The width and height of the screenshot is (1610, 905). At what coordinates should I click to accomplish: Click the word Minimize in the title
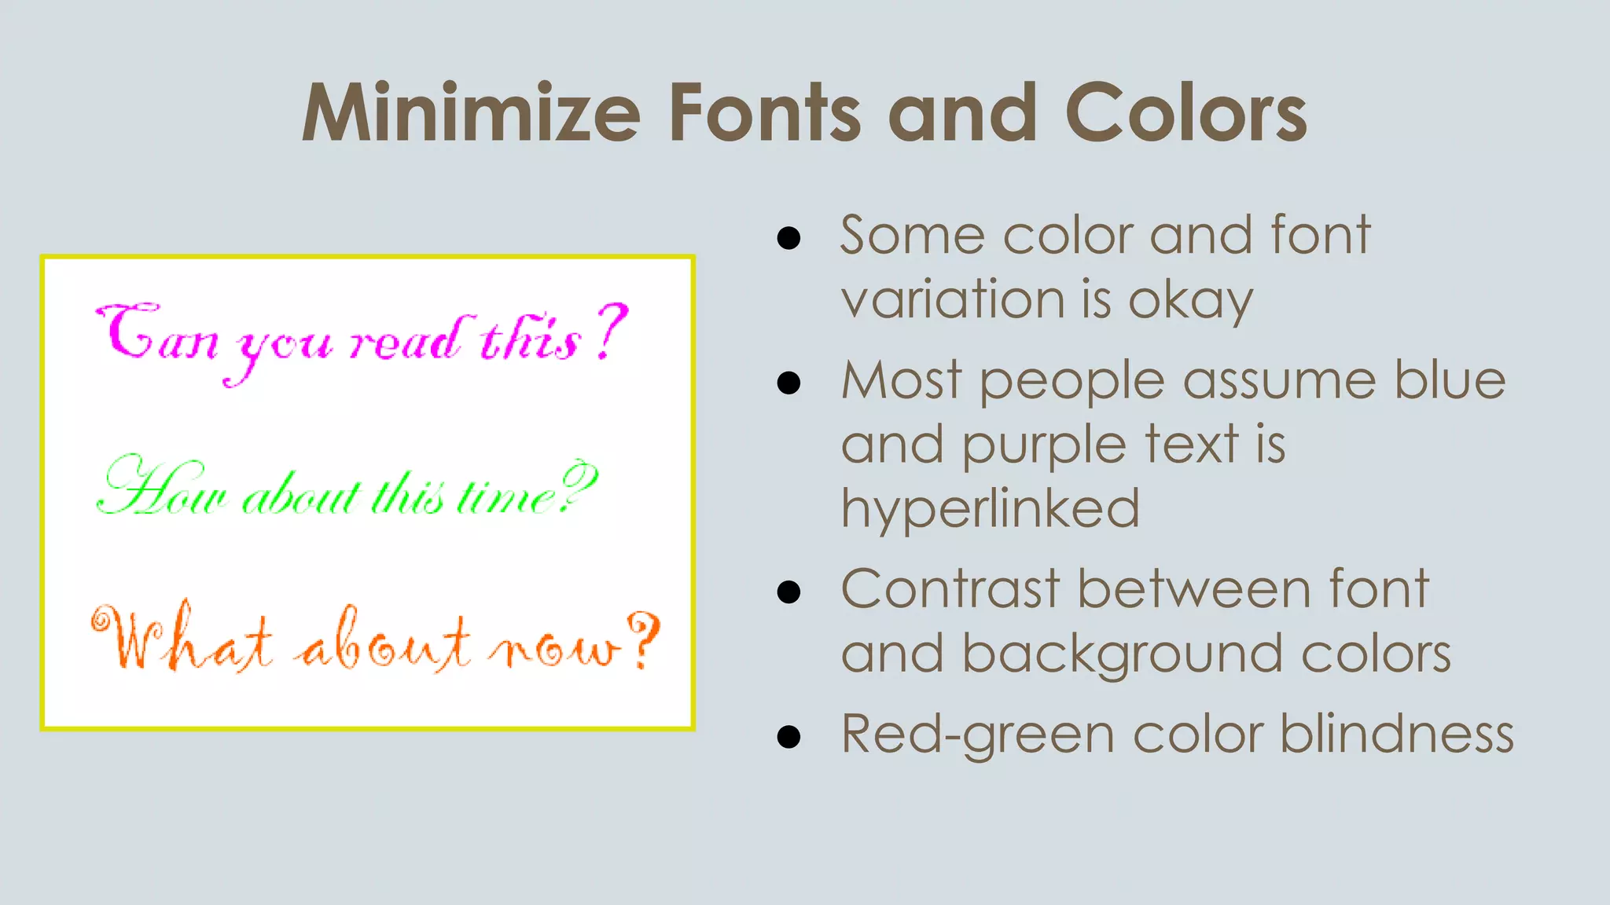pyautogui.click(x=471, y=113)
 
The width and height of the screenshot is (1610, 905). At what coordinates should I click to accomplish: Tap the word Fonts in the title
pyautogui.click(x=765, y=113)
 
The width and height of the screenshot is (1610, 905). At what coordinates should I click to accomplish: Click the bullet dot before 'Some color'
pyautogui.click(x=788, y=238)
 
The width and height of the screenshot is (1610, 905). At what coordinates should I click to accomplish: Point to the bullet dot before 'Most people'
pyautogui.click(x=788, y=383)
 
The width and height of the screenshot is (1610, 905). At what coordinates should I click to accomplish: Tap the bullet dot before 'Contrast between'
pyautogui.click(x=788, y=592)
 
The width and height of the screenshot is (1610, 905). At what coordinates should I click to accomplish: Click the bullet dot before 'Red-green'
pyautogui.click(x=788, y=736)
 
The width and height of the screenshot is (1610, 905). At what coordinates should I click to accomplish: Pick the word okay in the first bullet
pyautogui.click(x=1190, y=302)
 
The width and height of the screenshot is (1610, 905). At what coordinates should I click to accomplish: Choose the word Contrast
pyautogui.click(x=950, y=589)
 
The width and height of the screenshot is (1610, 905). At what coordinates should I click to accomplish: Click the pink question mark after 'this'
pyautogui.click(x=611, y=332)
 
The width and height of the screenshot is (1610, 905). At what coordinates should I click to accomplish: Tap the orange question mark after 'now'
pyautogui.click(x=645, y=639)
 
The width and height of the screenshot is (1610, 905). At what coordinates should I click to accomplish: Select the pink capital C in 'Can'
pyautogui.click(x=130, y=330)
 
